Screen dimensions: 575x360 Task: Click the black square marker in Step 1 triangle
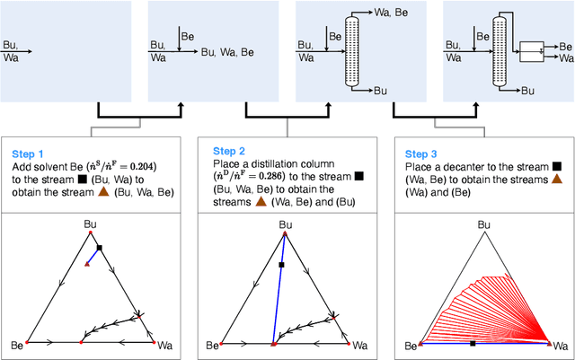pos(100,248)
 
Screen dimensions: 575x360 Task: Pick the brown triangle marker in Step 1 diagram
pos(88,263)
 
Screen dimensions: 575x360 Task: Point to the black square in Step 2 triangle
pos(281,265)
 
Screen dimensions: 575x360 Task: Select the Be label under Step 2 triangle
pos(212,346)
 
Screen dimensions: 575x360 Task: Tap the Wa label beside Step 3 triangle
pos(562,346)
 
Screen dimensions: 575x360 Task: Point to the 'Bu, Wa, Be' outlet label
pos(229,53)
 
